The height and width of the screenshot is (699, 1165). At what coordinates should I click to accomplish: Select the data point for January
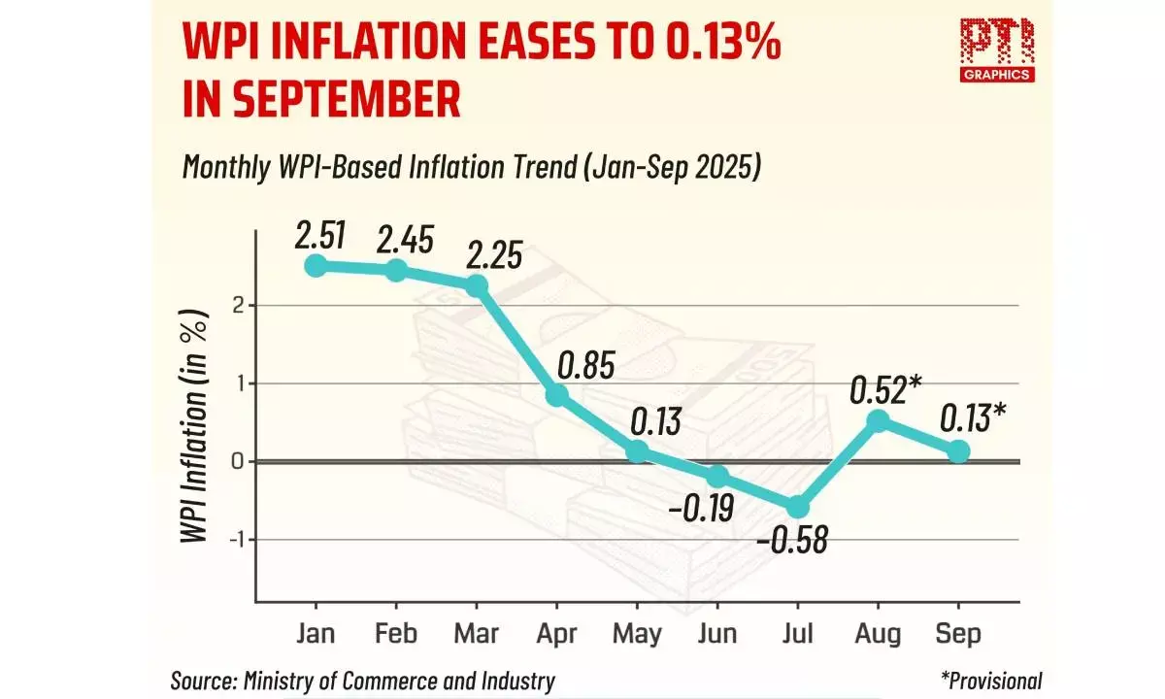(315, 265)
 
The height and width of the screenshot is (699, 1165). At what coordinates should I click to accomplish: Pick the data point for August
(878, 420)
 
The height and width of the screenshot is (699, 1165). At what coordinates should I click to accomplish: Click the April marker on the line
(557, 395)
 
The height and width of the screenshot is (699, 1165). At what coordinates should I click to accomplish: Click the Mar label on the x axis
(477, 634)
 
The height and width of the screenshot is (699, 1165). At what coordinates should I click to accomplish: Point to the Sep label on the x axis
(958, 634)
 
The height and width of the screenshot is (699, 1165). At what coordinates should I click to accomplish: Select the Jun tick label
(717, 634)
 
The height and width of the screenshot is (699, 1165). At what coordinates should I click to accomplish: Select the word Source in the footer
(203, 681)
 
